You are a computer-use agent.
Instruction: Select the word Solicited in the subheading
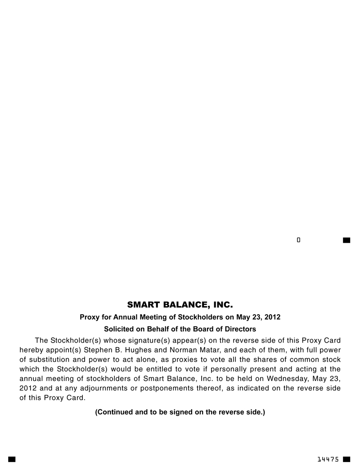coord(119,329)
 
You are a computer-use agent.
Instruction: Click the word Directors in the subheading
coord(240,329)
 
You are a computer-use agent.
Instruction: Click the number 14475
coord(328,459)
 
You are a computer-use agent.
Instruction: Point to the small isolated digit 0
coord(298,240)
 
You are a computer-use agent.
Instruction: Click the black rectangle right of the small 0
coord(346,240)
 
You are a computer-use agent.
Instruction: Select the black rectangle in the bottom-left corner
coord(12,459)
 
